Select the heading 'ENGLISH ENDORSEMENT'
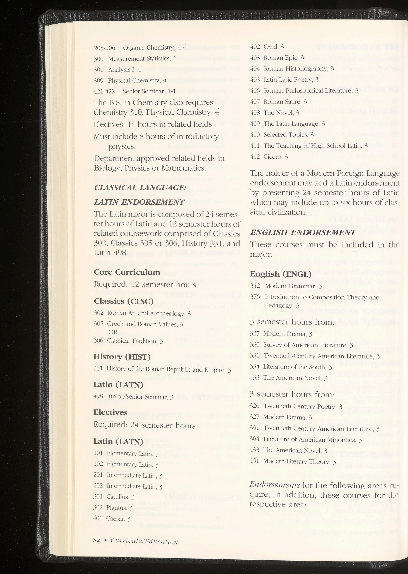[x=303, y=232]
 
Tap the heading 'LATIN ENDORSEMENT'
[x=139, y=202]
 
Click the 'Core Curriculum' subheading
[x=127, y=272]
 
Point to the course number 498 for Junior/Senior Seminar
[x=98, y=397]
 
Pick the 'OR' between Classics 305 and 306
[x=113, y=332]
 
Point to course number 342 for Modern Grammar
[x=255, y=286]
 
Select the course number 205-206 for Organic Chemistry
[x=104, y=48]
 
